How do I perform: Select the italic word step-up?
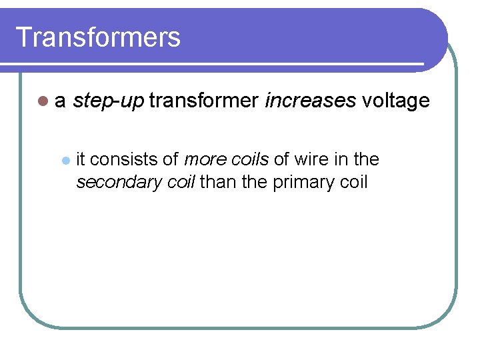click(x=108, y=101)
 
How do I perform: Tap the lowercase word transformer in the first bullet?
click(x=204, y=101)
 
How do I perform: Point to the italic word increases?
click(x=310, y=101)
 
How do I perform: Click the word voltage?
click(x=396, y=101)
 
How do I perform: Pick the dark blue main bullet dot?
click(x=43, y=102)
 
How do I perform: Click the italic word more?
click(x=203, y=159)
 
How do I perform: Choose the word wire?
click(x=311, y=159)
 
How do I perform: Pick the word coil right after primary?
click(x=353, y=181)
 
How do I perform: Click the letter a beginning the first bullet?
click(x=60, y=102)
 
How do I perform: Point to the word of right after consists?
click(x=170, y=159)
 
